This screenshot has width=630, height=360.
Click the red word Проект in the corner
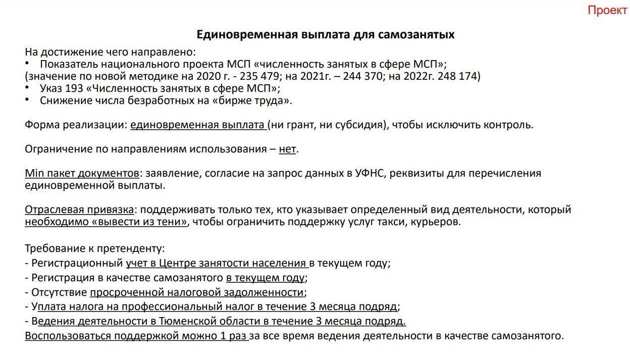coord(607,11)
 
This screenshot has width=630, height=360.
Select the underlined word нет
coord(287,149)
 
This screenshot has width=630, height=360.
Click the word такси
coord(402,222)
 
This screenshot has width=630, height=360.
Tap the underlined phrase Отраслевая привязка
coord(80,210)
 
